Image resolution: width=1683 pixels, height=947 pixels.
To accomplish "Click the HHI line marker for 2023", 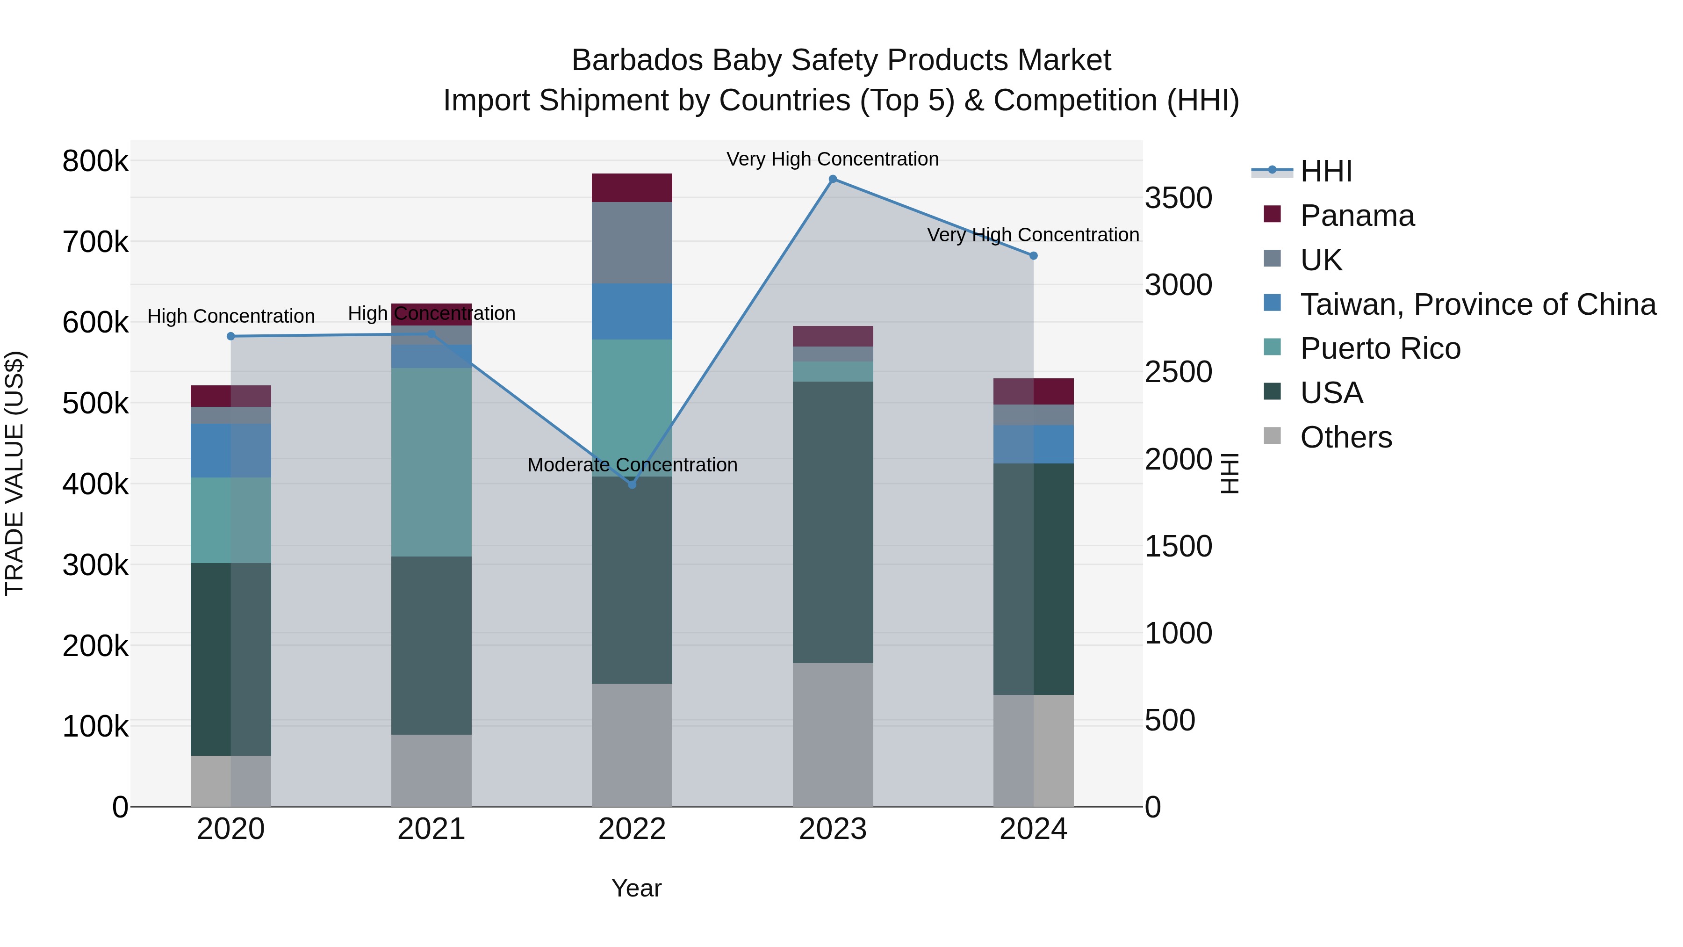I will coord(832,179).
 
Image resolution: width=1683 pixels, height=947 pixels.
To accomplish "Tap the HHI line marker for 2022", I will coord(632,485).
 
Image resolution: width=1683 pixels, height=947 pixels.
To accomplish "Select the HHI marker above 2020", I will coord(230,337).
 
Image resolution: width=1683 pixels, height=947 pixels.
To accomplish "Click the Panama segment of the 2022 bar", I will coord(632,188).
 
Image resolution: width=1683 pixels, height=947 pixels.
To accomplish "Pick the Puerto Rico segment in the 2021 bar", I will coord(431,462).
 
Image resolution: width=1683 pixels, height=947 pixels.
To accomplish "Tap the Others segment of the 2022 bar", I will coord(632,745).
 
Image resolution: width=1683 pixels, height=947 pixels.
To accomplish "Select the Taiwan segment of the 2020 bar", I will coord(230,450).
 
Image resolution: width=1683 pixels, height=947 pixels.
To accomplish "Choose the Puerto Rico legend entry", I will coord(1380,348).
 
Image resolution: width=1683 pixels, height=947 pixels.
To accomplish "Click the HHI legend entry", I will coord(1326,171).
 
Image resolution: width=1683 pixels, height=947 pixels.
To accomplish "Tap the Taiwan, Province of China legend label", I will coord(1478,304).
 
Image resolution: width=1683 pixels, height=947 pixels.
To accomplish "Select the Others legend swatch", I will coord(1272,436).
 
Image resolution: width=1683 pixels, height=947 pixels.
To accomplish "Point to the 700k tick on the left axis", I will coord(95,242).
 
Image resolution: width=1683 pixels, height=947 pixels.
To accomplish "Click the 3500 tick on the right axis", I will coord(1179,198).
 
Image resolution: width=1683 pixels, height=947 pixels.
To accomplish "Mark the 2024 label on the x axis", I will coord(1033,829).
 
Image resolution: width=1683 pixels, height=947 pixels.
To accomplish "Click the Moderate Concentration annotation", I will coord(632,465).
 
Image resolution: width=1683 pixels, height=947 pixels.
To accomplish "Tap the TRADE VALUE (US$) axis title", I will coord(14,473).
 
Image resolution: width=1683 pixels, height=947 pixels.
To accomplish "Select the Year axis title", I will coord(636,888).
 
